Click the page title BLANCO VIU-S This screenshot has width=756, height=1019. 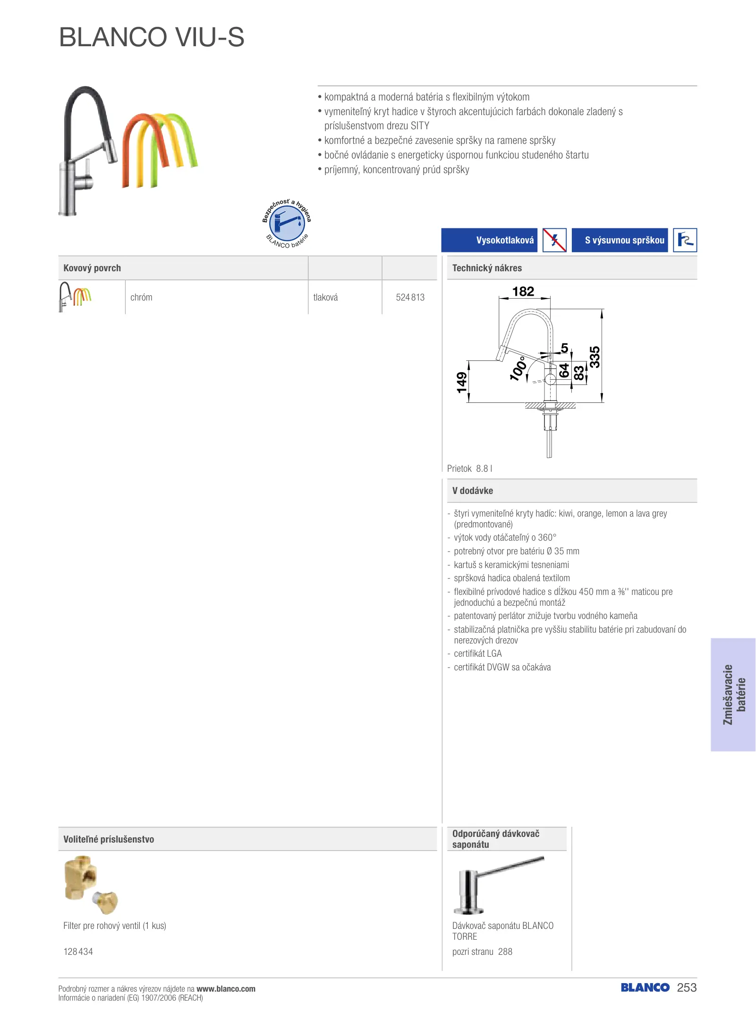(152, 37)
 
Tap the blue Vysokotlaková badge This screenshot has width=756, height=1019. (489, 240)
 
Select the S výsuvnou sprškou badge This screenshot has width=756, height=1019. (620, 240)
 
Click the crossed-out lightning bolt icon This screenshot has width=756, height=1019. (554, 240)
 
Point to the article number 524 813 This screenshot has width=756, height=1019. (410, 297)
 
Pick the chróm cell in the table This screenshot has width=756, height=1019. (141, 297)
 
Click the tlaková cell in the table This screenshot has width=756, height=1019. (325, 297)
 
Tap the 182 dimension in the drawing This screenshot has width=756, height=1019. (523, 292)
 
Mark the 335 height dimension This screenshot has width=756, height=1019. (595, 357)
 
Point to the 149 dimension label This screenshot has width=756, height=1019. (461, 382)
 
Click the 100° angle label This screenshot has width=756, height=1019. (518, 368)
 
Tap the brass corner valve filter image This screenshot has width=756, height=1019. (91, 885)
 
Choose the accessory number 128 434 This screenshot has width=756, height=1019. (78, 952)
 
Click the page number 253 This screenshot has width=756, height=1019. (687, 987)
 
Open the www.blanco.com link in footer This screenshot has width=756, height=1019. (226, 989)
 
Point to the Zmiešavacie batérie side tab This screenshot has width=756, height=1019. (733, 694)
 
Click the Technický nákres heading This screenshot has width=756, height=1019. (487, 268)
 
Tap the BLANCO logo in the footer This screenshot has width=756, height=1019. (645, 987)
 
